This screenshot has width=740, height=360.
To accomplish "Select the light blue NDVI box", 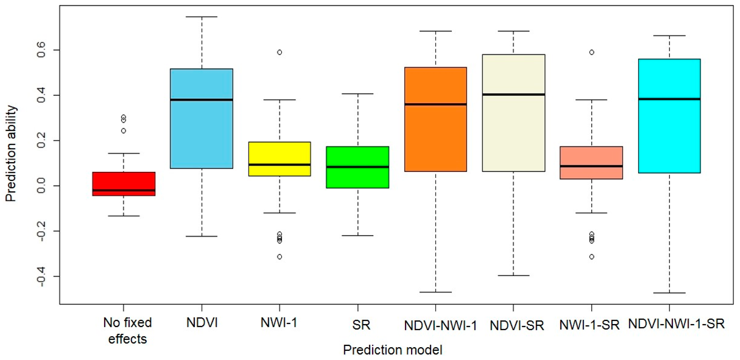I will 201,126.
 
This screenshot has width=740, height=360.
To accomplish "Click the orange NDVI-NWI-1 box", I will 435,132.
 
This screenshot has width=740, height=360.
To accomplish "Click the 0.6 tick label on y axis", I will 41,50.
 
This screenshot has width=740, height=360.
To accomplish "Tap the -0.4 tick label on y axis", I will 41,276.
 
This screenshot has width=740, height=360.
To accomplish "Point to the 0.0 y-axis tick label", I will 41,186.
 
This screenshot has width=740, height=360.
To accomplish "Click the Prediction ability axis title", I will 11,154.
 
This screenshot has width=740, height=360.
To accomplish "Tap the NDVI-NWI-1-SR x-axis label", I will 676,324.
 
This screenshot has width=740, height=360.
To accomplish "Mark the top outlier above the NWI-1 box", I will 279,52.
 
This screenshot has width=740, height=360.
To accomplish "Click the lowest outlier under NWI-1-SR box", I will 592,257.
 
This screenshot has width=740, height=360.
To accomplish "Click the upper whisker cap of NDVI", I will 202,17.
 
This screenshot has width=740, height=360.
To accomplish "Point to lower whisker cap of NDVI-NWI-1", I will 435,292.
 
